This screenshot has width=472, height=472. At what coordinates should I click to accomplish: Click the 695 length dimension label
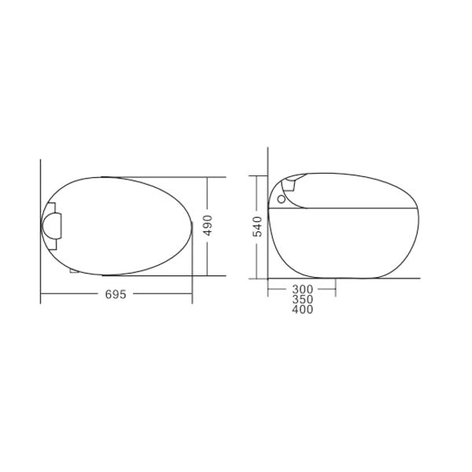tap(116, 294)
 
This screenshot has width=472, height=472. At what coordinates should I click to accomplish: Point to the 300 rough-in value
tap(302, 289)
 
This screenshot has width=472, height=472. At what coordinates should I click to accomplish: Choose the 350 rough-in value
tap(302, 299)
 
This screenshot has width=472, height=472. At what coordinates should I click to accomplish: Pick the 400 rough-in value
tap(302, 309)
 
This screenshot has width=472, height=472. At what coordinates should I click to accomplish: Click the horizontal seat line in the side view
tap(342, 208)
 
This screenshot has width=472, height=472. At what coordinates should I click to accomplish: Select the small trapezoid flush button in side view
tap(290, 186)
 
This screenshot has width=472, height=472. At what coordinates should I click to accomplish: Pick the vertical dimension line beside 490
tap(208, 197)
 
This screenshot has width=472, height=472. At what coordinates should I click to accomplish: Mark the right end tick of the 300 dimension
tap(336, 289)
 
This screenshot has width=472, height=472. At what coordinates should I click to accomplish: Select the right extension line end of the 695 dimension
tap(193, 294)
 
